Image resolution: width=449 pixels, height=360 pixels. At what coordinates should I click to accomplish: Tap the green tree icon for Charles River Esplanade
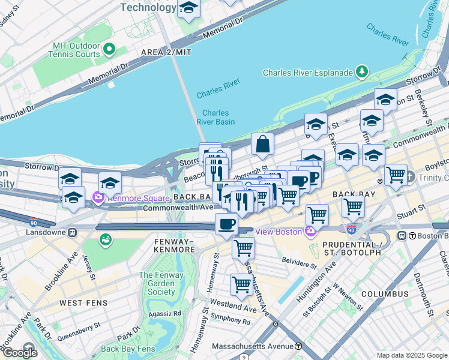click(x=361, y=73)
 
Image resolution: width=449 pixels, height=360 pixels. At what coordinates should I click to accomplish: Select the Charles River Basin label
click(x=215, y=117)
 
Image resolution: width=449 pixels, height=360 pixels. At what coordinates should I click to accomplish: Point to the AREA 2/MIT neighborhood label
click(x=166, y=53)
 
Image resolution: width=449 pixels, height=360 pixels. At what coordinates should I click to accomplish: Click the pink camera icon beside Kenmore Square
click(x=98, y=196)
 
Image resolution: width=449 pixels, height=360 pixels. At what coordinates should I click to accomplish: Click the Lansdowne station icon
click(x=73, y=232)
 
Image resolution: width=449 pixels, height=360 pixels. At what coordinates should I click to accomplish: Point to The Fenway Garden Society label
click(x=157, y=283)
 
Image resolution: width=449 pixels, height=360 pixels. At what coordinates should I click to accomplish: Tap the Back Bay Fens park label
click(x=127, y=349)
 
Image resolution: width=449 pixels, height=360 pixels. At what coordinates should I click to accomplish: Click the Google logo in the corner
click(x=20, y=353)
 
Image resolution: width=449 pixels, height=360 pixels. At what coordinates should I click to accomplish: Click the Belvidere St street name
click(x=300, y=264)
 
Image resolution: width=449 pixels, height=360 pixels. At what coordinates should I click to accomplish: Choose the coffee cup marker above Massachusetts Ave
click(x=226, y=224)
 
